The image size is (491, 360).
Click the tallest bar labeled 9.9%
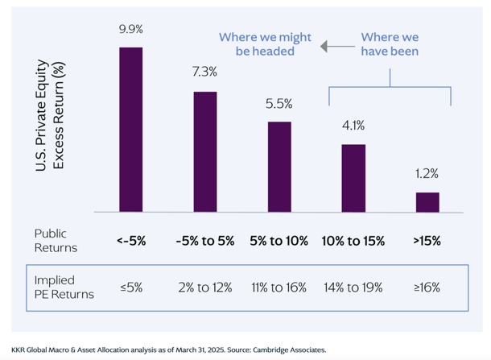click(x=131, y=129)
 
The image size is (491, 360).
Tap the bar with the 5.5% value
click(x=279, y=167)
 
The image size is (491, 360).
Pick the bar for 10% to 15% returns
click(x=353, y=178)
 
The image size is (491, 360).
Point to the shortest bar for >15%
click(x=427, y=202)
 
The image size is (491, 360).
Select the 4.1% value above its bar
click(x=353, y=126)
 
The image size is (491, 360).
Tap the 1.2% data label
click(x=427, y=174)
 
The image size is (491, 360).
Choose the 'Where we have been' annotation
click(x=390, y=45)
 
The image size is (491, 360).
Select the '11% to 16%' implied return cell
click(x=279, y=288)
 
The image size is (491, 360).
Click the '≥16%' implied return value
click(x=427, y=288)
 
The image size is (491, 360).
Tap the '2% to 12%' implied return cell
click(x=205, y=288)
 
